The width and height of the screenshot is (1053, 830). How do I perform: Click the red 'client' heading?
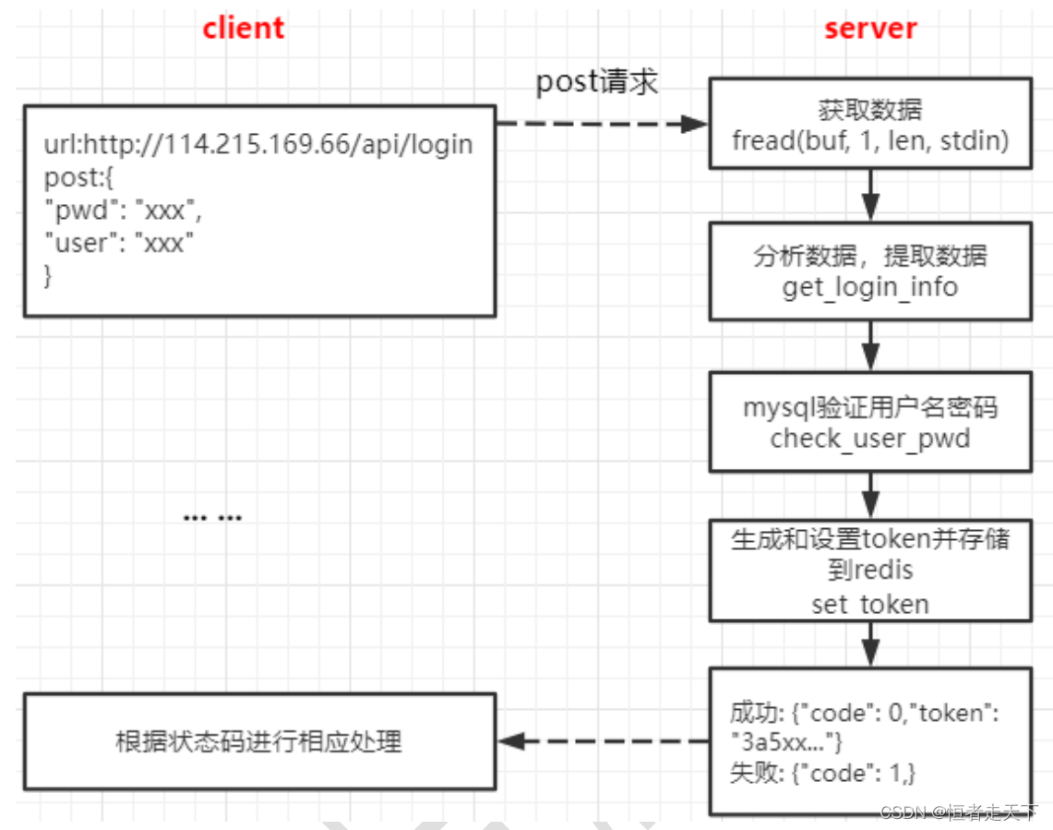click(244, 28)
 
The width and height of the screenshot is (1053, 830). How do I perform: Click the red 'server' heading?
click(870, 28)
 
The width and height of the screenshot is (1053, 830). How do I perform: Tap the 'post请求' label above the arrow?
click(597, 81)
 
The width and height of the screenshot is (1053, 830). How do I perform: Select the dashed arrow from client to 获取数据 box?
click(600, 123)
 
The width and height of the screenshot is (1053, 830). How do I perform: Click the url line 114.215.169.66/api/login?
click(258, 145)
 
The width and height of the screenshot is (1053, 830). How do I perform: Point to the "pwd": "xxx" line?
click(123, 211)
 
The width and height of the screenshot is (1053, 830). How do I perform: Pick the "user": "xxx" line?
click(119, 243)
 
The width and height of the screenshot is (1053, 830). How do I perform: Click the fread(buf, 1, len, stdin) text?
click(870, 140)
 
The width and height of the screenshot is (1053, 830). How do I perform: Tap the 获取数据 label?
click(870, 110)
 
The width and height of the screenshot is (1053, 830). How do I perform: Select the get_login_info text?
click(870, 287)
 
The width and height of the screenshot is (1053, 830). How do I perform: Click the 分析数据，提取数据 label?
click(870, 256)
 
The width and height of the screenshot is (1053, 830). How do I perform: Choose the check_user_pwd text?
click(870, 438)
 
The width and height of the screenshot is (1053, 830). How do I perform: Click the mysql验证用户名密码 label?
click(870, 406)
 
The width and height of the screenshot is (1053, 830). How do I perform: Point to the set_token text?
click(870, 604)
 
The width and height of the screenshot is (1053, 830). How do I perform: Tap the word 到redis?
click(870, 571)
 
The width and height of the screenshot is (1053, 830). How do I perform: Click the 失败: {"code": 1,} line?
click(822, 773)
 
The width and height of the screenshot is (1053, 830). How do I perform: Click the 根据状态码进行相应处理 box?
click(259, 741)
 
